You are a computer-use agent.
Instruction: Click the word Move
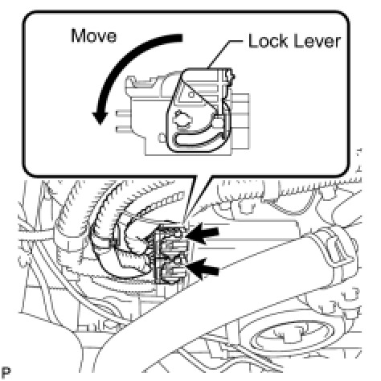tap(94, 36)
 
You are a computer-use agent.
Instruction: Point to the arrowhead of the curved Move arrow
tap(100, 117)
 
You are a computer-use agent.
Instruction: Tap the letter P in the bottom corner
tap(6, 372)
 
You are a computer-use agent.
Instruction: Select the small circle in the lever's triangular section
tap(191, 95)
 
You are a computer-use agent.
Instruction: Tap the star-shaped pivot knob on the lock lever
tap(182, 117)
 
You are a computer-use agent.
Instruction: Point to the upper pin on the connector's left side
tap(123, 114)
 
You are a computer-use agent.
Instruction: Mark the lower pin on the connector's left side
tap(123, 129)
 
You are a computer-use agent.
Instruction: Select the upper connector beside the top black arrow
tap(170, 237)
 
